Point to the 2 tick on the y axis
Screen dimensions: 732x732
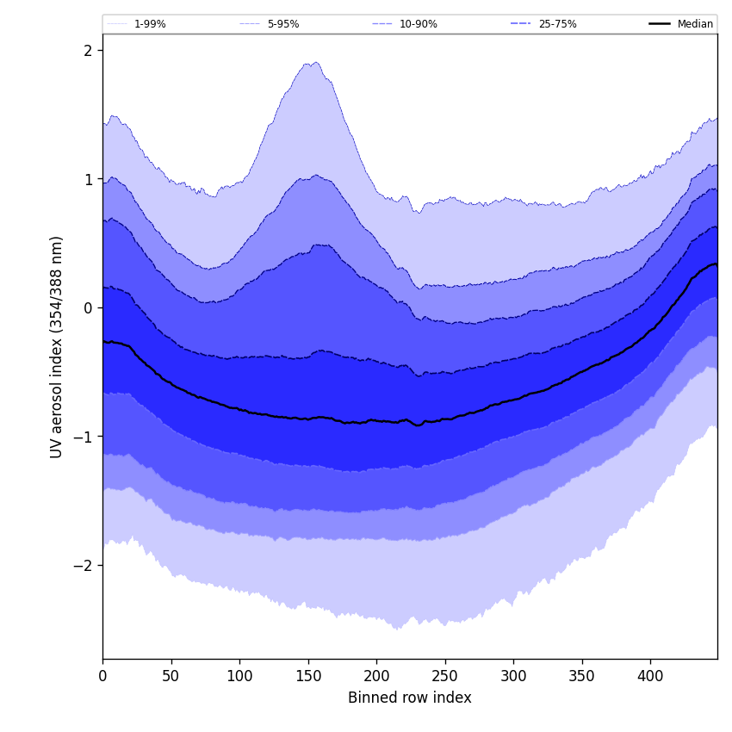coord(88,50)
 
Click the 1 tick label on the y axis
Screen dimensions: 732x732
coord(88,179)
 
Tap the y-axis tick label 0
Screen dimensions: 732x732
coord(88,307)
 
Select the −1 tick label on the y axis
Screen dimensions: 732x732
coord(84,437)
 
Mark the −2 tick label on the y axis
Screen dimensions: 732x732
coord(84,565)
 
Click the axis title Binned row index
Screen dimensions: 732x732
coord(410,698)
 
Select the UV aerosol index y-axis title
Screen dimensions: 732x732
coord(57,346)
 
